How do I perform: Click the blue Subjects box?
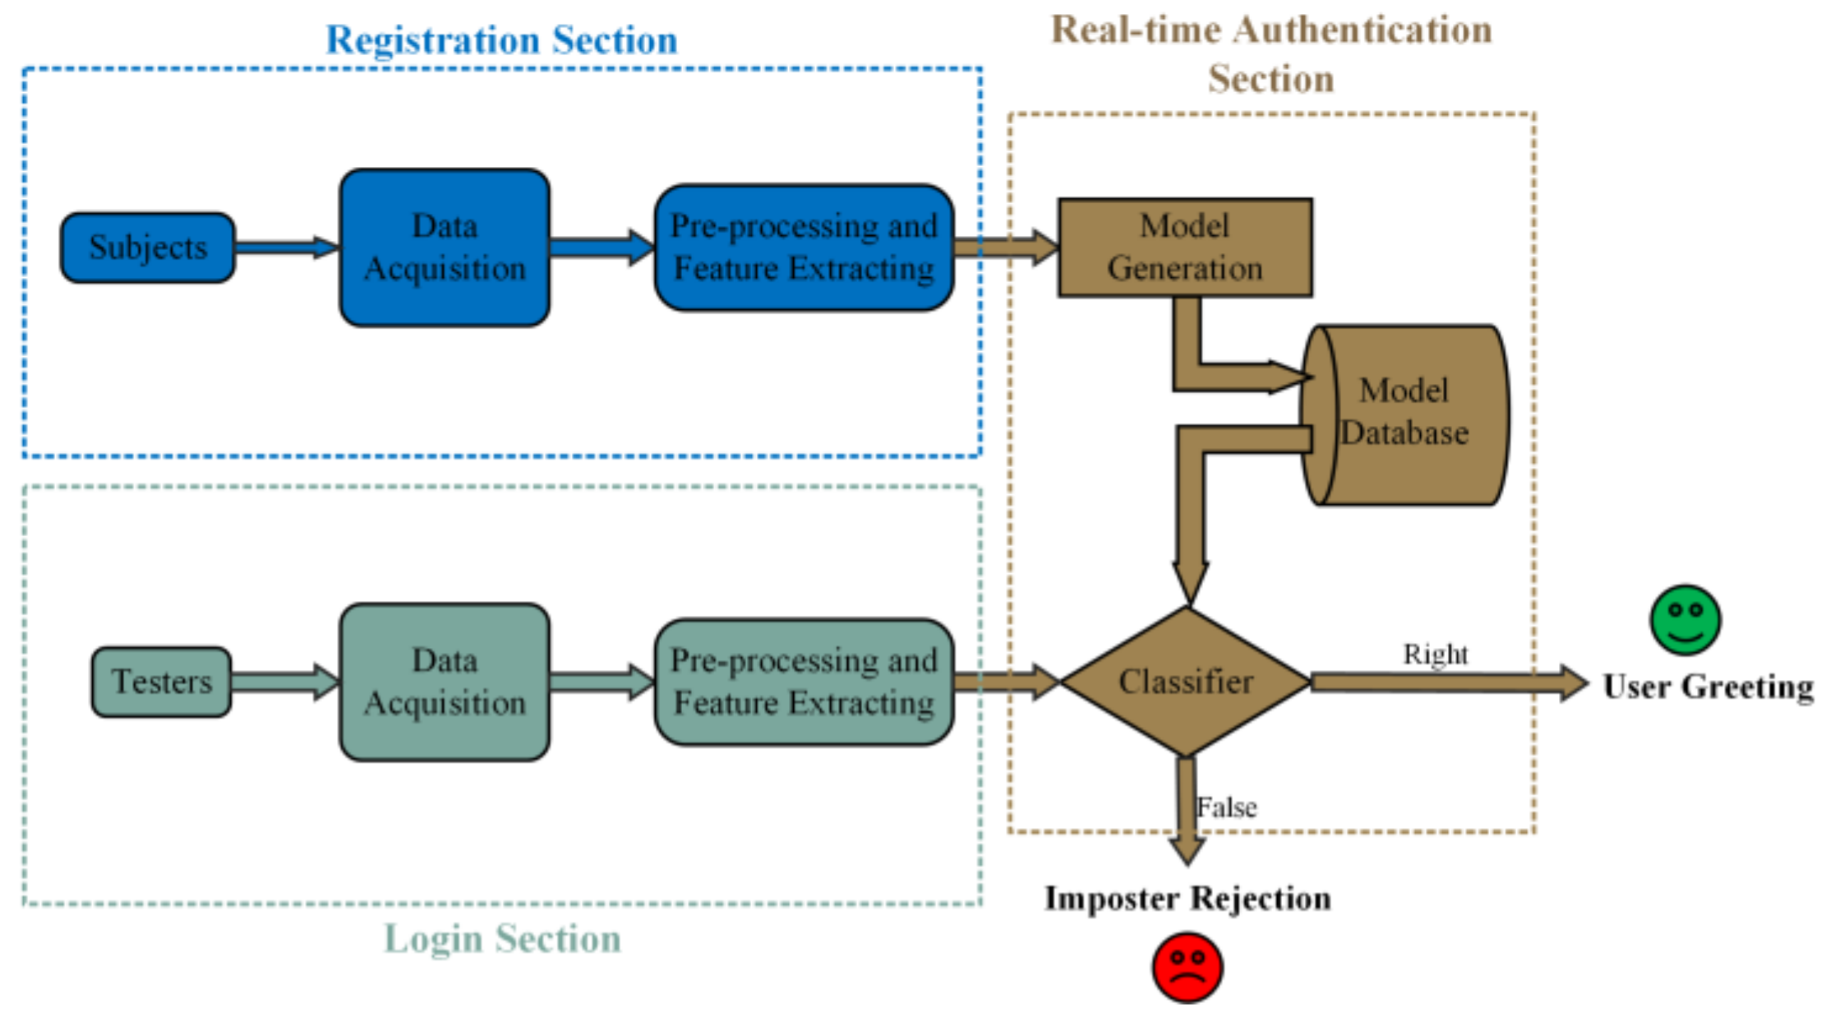pyautogui.click(x=148, y=247)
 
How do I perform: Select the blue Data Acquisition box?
pyautogui.click(x=445, y=247)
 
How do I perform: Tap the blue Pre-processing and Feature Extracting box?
pyautogui.click(x=804, y=247)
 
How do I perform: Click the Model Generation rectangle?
pyautogui.click(x=1185, y=247)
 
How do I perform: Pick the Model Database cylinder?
pyautogui.click(x=1404, y=415)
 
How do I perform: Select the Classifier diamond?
pyautogui.click(x=1186, y=682)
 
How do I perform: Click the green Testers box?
pyautogui.click(x=161, y=682)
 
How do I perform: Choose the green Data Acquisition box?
pyautogui.click(x=445, y=682)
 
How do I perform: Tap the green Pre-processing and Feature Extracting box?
pyautogui.click(x=804, y=682)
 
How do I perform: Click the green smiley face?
pyautogui.click(x=1685, y=620)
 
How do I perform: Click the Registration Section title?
pyautogui.click(x=502, y=39)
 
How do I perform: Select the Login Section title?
pyautogui.click(x=503, y=938)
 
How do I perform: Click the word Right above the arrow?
pyautogui.click(x=1435, y=654)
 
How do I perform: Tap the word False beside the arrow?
pyautogui.click(x=1226, y=807)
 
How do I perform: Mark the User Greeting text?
pyautogui.click(x=1708, y=687)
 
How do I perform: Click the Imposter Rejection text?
pyautogui.click(x=1187, y=898)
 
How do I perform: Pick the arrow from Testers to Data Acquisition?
pyautogui.click(x=285, y=682)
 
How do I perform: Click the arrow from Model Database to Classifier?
pyautogui.click(x=1190, y=510)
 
